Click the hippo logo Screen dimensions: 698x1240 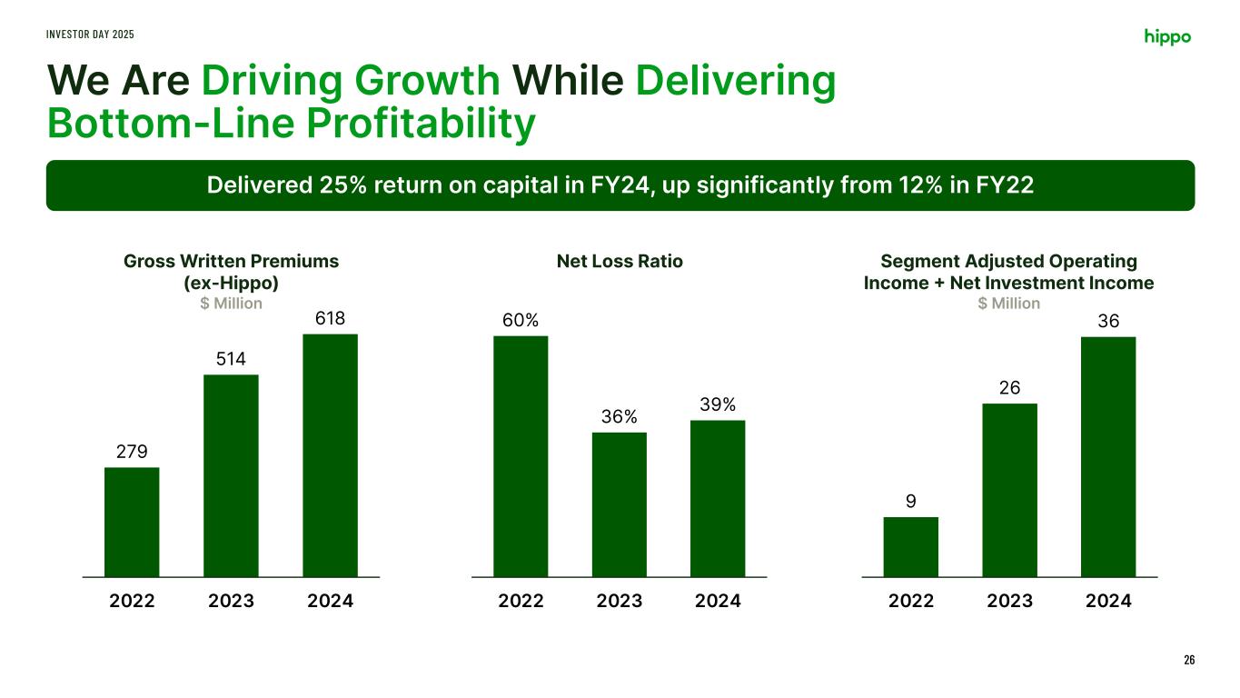[1167, 36]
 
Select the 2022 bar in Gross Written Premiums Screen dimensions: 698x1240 [132, 522]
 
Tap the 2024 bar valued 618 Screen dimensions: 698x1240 [330, 454]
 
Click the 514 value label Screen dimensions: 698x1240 [231, 359]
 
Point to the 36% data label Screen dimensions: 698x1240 [619, 417]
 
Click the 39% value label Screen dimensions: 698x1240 [718, 404]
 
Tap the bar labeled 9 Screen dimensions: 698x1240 [910, 546]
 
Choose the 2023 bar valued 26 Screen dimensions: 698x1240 [1009, 490]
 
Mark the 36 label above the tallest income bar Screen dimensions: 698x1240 [1108, 321]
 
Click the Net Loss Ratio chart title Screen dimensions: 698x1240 [620, 262]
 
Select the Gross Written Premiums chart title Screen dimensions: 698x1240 [231, 262]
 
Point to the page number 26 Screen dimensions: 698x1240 [1189, 660]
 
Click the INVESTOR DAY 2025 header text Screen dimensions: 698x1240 [91, 34]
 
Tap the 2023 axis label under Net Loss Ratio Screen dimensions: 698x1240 [619, 601]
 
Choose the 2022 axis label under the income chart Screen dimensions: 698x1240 [910, 601]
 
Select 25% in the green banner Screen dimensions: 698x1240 [342, 185]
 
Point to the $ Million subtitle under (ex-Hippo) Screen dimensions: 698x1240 [231, 304]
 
